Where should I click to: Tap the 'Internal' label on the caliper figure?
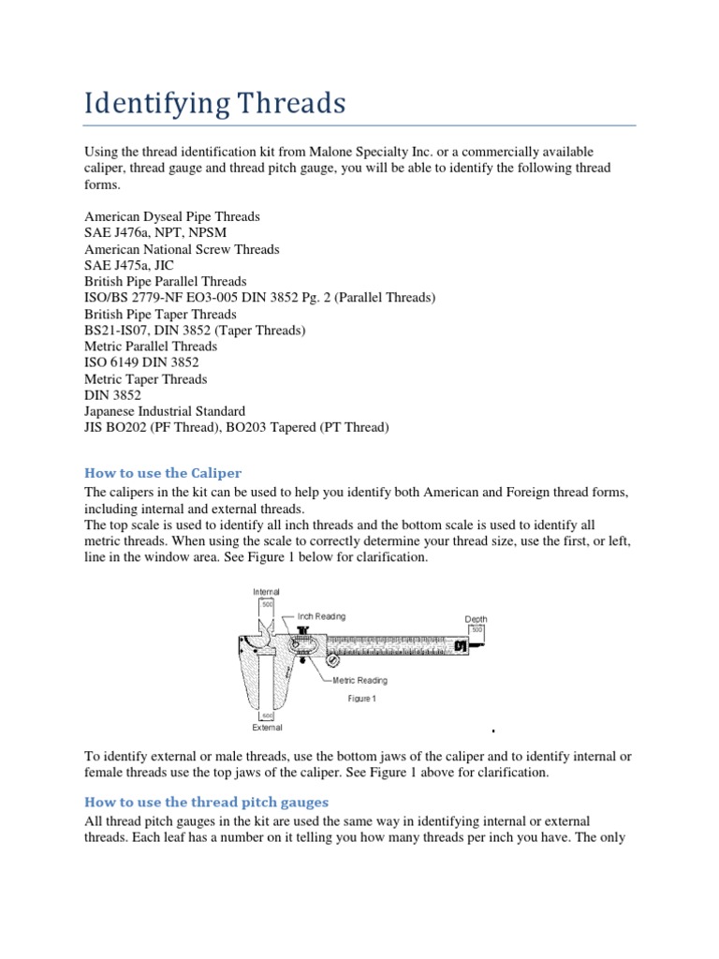click(266, 592)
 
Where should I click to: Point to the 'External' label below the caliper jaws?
click(266, 727)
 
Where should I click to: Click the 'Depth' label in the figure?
click(477, 619)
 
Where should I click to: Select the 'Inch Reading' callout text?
click(321, 616)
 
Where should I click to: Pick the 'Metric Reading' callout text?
click(359, 681)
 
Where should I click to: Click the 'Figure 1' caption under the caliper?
click(361, 699)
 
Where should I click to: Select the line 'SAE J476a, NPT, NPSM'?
click(155, 232)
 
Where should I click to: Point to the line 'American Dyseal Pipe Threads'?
click(172, 216)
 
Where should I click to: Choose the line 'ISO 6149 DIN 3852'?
click(141, 362)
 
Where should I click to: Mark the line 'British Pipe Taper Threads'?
click(160, 314)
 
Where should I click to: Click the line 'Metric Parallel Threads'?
click(151, 347)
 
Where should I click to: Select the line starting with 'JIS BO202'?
click(236, 427)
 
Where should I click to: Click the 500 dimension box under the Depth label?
click(477, 630)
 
